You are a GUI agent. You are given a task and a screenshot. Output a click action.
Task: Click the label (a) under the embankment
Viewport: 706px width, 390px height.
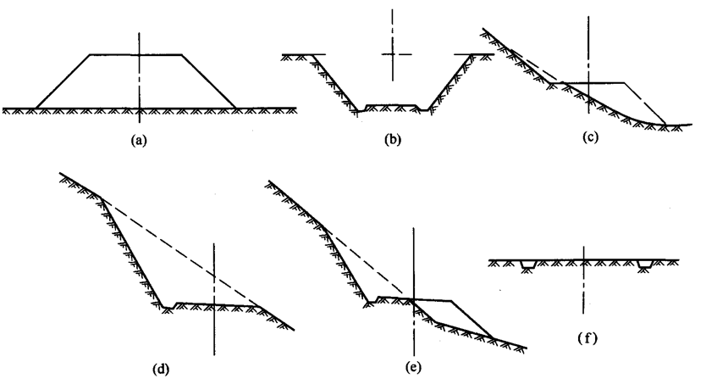(139, 140)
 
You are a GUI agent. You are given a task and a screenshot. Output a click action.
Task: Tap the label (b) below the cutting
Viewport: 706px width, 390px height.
(393, 139)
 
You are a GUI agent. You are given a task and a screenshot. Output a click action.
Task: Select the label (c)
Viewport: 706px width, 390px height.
(590, 137)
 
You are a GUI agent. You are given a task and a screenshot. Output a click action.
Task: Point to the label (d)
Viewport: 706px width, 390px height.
(161, 370)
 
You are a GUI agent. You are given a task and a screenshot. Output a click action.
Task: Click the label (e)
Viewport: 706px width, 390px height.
(413, 367)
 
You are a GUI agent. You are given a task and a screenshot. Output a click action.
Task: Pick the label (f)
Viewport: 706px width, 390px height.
(587, 338)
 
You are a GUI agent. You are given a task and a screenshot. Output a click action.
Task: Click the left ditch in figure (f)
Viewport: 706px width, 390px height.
(527, 265)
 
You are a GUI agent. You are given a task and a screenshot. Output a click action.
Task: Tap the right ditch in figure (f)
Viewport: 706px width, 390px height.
(645, 264)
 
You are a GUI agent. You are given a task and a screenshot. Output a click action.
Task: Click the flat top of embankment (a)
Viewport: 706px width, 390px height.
(136, 54)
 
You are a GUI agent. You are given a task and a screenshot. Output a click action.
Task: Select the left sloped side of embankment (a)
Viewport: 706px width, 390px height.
(63, 81)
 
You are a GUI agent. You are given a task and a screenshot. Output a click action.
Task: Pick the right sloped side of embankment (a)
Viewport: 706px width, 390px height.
(208, 81)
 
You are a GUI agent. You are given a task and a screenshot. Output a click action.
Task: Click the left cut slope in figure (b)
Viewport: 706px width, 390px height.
(335, 83)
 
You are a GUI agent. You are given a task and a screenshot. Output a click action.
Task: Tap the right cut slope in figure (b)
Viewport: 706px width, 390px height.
(450, 82)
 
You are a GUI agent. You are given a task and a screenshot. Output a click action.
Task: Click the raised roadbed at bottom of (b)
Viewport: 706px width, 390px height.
(392, 107)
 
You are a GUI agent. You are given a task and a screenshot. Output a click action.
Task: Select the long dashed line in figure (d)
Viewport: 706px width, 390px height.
(180, 253)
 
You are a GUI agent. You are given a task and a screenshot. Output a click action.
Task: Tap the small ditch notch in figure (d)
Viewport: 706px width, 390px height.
(169, 307)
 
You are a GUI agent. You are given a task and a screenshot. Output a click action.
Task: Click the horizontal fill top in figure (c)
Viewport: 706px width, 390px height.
(594, 83)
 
